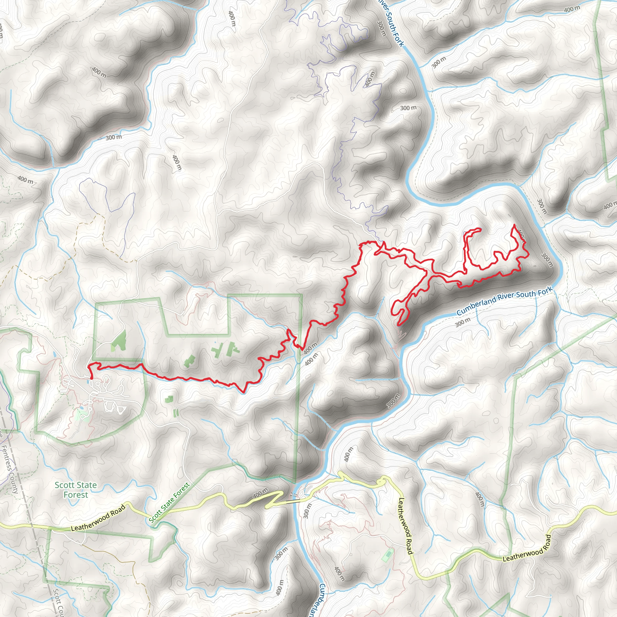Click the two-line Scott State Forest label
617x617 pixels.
(x=76, y=490)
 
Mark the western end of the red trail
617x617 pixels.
(x=92, y=378)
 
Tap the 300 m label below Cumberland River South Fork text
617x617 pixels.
(x=463, y=323)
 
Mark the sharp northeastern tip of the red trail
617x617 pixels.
(x=515, y=225)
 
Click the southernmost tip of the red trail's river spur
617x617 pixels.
(x=399, y=325)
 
